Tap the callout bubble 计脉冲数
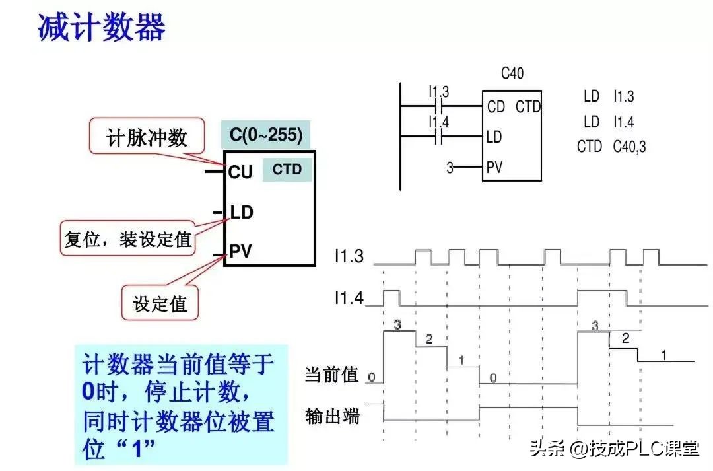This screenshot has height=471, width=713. click(x=147, y=137)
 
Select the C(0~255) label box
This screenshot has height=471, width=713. click(x=266, y=135)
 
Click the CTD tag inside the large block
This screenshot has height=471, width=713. click(x=287, y=170)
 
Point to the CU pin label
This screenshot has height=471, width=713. click(x=240, y=172)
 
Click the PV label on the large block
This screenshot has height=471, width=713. click(x=240, y=252)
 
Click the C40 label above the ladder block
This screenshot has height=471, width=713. click(x=512, y=73)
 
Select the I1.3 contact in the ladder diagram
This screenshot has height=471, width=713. click(x=439, y=106)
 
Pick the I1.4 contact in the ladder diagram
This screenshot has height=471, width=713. click(x=439, y=137)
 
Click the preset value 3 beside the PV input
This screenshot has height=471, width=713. click(x=450, y=168)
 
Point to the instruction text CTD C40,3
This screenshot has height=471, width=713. click(x=611, y=146)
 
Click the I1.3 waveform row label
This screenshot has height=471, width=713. click(x=348, y=256)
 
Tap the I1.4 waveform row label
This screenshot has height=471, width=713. click(x=348, y=299)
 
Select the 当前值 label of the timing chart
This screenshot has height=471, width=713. click(x=331, y=375)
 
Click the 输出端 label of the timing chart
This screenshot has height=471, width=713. click(x=332, y=416)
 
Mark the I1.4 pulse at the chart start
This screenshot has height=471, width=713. click(x=391, y=297)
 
